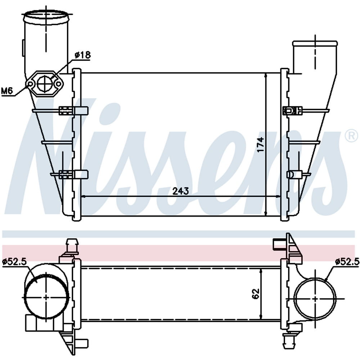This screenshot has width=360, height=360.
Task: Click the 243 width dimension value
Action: point(181,191)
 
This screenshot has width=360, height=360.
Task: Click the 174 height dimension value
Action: point(260,145)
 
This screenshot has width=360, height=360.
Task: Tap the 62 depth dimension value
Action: point(256,293)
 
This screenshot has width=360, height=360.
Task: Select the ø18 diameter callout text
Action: point(82,55)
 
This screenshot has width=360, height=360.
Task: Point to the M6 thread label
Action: point(6,91)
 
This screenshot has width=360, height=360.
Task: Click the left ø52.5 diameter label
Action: point(14,261)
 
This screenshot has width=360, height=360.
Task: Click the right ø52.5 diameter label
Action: point(347,261)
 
